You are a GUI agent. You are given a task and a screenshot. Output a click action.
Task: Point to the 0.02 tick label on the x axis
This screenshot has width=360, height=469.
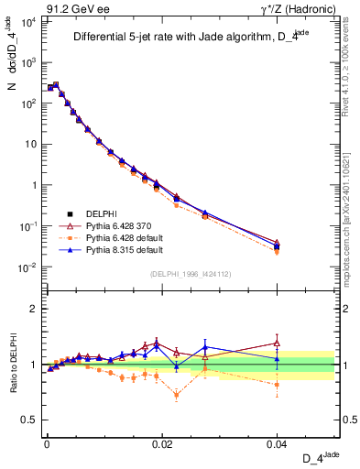click(x=162, y=442)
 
